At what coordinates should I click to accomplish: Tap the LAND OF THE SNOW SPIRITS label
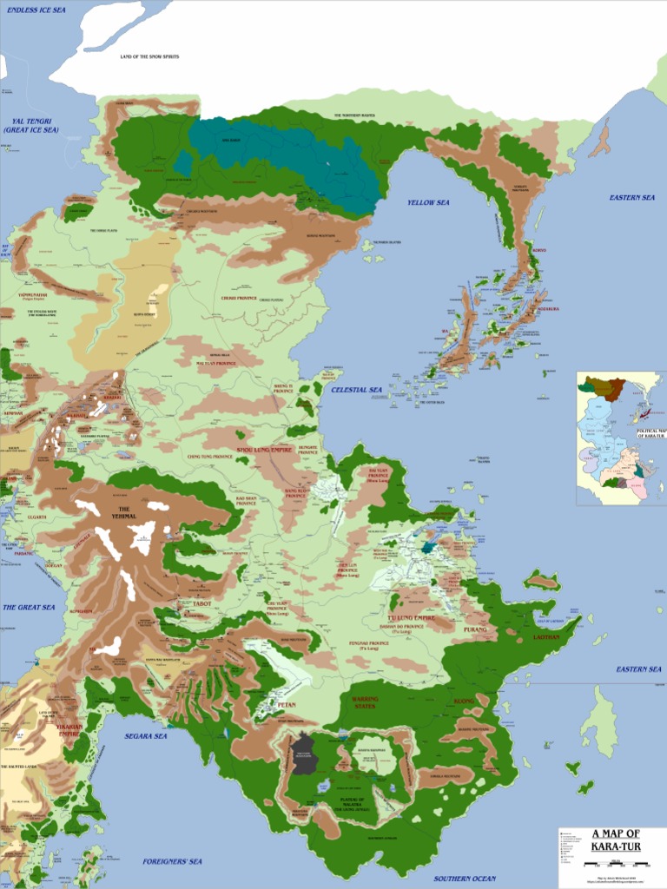pos(149,56)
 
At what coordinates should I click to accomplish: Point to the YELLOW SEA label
pos(428,202)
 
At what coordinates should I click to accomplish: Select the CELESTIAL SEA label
pos(356,391)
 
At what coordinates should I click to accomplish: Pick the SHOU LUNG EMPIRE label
pos(265,451)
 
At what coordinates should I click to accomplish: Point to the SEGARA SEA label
pos(145,736)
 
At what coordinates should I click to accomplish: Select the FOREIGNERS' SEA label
pos(172,861)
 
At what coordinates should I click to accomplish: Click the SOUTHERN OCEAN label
pos(465,879)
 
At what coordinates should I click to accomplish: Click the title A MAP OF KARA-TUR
pos(616,840)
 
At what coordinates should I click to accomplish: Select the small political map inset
pos(621,438)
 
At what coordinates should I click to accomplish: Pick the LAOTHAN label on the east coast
pos(547,637)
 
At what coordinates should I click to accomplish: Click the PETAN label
pos(287,705)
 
